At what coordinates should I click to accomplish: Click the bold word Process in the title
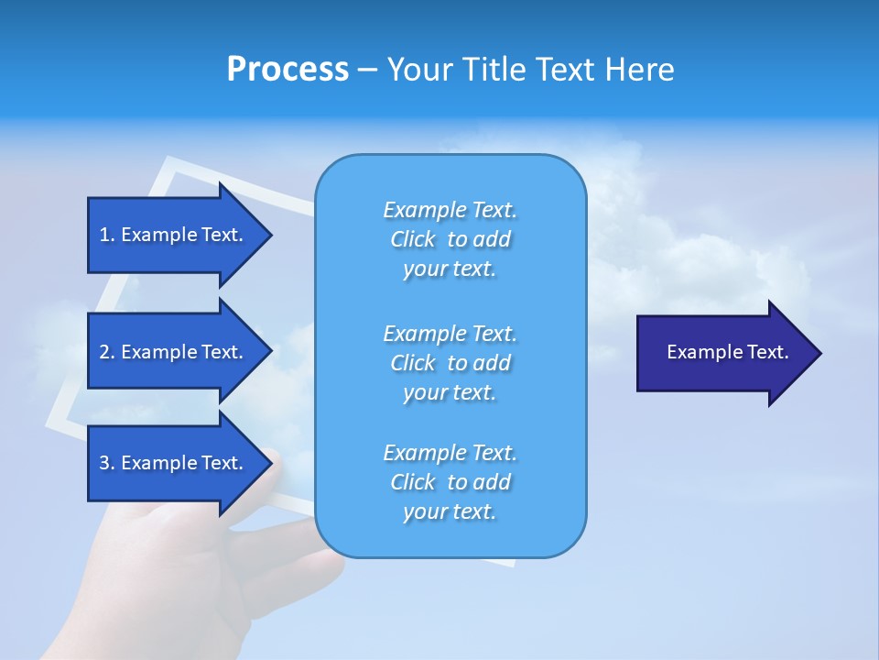pos(288,70)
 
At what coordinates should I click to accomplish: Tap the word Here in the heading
pos(640,70)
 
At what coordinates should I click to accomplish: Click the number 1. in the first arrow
pos(107,235)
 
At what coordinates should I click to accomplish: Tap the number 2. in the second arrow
pos(107,352)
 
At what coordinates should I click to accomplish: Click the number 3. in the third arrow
pos(107,463)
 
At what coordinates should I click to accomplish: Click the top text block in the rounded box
pos(450,239)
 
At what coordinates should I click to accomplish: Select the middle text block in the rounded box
pos(450,363)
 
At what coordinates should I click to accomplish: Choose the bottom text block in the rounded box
pos(450,482)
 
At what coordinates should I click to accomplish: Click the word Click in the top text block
pos(412,239)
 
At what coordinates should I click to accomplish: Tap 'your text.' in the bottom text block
pos(450,511)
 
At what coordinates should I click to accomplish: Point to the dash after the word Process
pos(367,71)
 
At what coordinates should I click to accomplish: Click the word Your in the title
pos(419,70)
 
